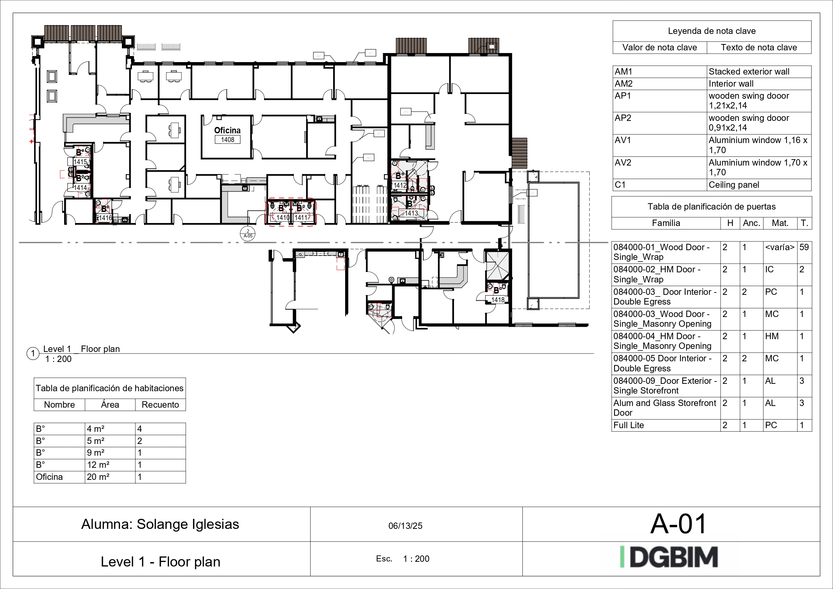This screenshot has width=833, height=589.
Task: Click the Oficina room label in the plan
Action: click(227, 130)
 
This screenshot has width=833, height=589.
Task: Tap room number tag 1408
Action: click(228, 140)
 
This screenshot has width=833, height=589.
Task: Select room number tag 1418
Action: click(498, 300)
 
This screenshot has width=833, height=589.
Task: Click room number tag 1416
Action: click(105, 218)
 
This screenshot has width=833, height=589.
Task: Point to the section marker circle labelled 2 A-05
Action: click(248, 233)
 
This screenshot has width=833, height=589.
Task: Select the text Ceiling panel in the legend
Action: click(734, 185)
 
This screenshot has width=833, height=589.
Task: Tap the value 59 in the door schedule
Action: click(804, 247)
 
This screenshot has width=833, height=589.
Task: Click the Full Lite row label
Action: click(629, 425)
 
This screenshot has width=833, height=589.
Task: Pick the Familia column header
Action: click(666, 223)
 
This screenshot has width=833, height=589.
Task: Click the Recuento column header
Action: click(160, 405)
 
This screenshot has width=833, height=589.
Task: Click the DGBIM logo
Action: click(669, 557)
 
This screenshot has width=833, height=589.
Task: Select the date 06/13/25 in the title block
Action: click(405, 526)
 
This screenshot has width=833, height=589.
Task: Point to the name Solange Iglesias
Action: click(188, 525)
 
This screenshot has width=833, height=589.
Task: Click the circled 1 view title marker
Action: click(33, 354)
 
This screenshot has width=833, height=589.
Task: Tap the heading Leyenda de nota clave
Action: click(711, 31)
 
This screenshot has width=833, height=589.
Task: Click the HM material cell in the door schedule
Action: click(772, 336)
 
